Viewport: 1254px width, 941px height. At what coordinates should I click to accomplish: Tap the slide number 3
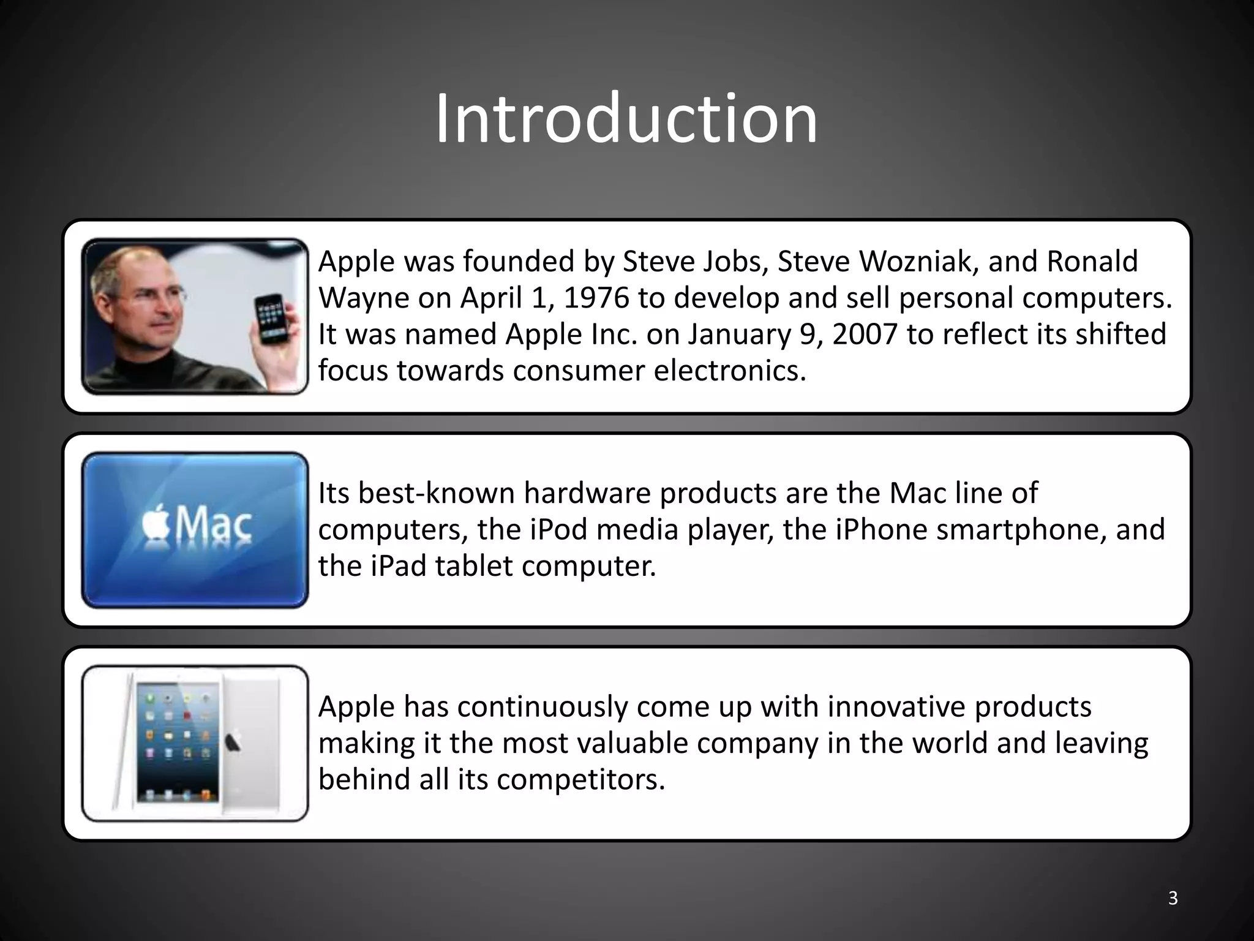pos(1173,898)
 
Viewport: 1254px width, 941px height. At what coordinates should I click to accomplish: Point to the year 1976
pos(596,298)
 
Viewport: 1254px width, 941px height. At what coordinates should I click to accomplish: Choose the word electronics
pos(730,371)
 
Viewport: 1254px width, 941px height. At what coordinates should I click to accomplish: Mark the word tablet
pos(474,565)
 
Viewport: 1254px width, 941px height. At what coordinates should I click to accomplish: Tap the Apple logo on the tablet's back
pos(234,742)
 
